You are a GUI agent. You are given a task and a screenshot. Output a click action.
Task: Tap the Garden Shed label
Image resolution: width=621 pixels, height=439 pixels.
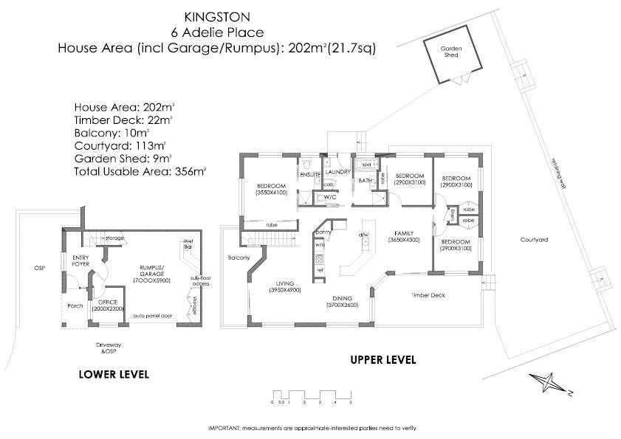[x=451, y=51]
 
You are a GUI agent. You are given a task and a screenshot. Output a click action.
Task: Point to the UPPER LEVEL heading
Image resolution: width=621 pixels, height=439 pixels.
[x=382, y=360]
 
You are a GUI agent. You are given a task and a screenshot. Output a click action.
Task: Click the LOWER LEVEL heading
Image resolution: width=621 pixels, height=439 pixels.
[x=114, y=374]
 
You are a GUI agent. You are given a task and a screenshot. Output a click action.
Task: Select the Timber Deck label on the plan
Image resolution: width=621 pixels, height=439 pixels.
[x=428, y=295]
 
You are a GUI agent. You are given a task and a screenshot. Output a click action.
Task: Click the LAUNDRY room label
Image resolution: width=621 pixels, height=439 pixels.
[x=337, y=171]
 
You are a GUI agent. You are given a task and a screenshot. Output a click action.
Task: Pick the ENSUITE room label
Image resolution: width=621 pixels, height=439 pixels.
[x=309, y=174]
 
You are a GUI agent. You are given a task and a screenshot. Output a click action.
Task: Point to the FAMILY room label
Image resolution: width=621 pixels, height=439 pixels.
[x=404, y=232]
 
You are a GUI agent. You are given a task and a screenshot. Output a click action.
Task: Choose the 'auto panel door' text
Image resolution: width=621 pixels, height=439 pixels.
[x=153, y=315]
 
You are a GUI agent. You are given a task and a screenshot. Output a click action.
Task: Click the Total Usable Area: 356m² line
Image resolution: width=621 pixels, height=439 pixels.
[x=140, y=171]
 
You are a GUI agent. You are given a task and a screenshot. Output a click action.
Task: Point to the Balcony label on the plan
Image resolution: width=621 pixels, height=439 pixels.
[x=239, y=257]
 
